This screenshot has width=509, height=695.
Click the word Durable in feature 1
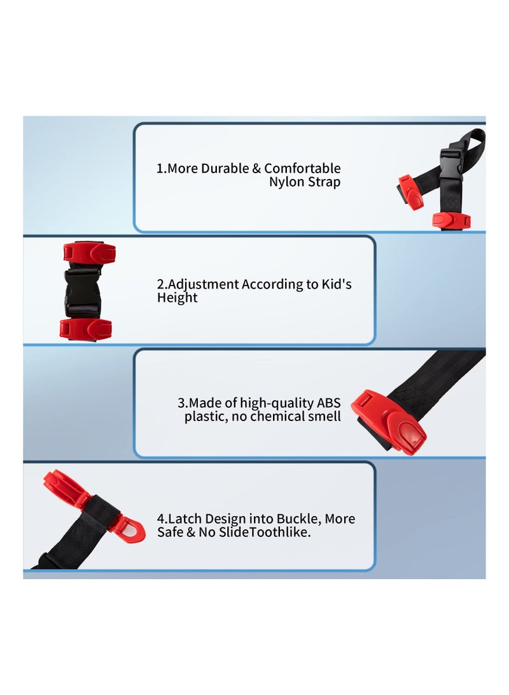point(225,169)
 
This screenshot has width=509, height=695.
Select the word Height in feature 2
point(178,297)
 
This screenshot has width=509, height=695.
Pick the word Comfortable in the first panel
point(302,169)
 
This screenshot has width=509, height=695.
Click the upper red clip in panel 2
point(89,252)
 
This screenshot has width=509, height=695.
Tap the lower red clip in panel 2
point(86,329)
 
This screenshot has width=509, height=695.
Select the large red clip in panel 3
point(389,422)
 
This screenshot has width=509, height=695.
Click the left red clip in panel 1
point(410,193)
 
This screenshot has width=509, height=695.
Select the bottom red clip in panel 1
point(451,220)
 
